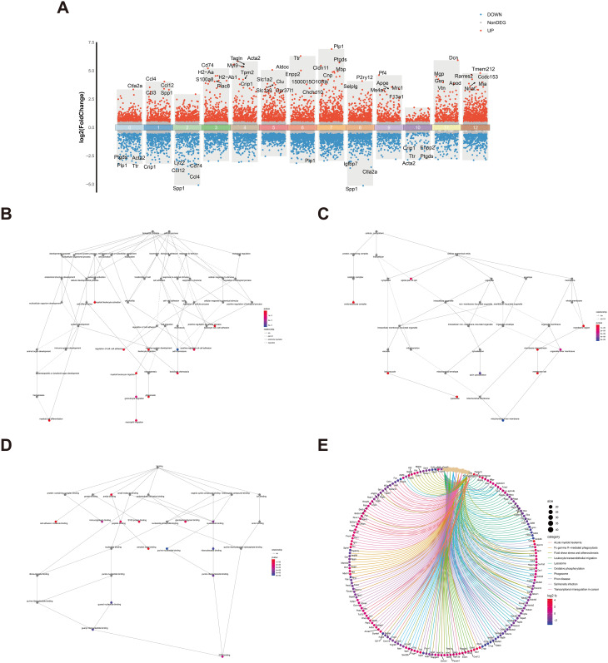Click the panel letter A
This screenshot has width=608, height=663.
[64, 10]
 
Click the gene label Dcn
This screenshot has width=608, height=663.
[453, 58]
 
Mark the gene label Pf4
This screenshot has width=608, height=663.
[382, 73]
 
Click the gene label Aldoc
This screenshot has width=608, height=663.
[282, 67]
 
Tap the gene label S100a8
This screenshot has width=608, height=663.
[206, 80]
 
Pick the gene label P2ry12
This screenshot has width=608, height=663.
[365, 77]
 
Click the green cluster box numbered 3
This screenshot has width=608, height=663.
[216, 127]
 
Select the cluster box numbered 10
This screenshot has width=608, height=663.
[416, 127]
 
